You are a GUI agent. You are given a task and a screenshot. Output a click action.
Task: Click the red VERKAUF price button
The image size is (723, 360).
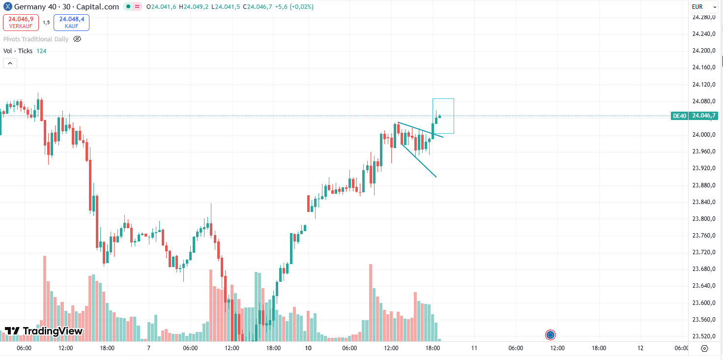[x=21, y=22]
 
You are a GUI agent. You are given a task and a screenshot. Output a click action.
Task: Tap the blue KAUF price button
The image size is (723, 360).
[x=71, y=22]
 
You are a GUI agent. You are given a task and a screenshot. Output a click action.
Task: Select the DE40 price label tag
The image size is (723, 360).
[x=679, y=116]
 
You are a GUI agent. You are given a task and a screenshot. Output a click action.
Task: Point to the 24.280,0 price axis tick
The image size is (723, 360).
[x=703, y=17]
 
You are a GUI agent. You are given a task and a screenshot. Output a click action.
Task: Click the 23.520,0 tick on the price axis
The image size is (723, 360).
[x=703, y=336]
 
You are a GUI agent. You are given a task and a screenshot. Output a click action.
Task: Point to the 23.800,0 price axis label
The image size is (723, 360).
[x=703, y=219]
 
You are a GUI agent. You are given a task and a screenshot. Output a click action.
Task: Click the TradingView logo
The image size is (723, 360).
[x=43, y=331]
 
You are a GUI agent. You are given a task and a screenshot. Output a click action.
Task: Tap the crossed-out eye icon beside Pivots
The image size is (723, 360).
[x=77, y=39]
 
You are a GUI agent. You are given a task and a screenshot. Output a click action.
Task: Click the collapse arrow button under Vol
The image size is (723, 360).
[x=10, y=63]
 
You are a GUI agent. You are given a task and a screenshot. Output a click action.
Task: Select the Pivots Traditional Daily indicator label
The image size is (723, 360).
[x=36, y=39]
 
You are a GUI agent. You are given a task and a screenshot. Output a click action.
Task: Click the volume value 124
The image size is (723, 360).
[x=41, y=51]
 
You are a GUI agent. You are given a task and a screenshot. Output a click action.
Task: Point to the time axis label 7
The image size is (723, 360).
[x=148, y=348]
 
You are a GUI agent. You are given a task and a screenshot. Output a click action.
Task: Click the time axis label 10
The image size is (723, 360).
[x=308, y=348]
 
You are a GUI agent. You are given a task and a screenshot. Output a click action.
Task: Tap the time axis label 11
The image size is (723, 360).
[x=474, y=348]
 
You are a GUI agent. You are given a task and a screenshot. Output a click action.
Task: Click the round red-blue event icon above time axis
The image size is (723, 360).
[x=550, y=335]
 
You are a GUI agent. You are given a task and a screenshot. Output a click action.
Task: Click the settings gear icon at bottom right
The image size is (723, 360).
[x=704, y=348]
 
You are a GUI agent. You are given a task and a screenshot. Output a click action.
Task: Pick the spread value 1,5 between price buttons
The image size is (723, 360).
[x=46, y=22]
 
